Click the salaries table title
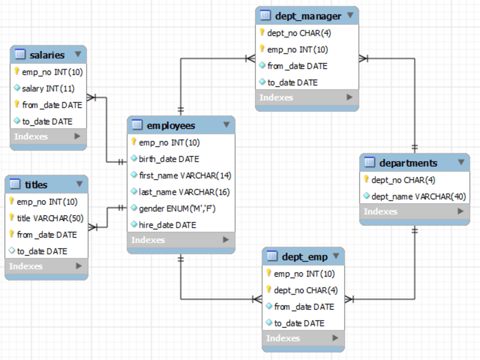tap(47, 55)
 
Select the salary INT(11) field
tap(48, 88)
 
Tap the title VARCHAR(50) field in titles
tap(50, 218)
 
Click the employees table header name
tap(171, 126)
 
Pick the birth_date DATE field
tap(168, 159)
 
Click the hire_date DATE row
tap(167, 225)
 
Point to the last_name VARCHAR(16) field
tap(184, 192)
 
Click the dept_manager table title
tap(308, 16)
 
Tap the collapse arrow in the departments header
tap(461, 163)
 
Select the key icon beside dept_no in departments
tap(366, 180)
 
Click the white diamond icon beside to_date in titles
tap(12, 251)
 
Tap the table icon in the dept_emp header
tap(272, 256)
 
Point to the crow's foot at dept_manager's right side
tap(363, 59)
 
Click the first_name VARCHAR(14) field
tap(185, 176)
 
